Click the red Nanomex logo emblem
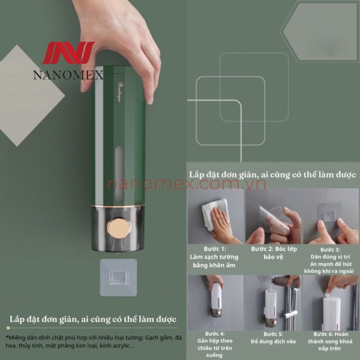[x=68, y=52]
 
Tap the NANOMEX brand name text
[x=68, y=75]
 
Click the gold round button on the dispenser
[x=119, y=228]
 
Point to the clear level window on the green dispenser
[x=119, y=175]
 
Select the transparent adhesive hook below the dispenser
[x=119, y=277]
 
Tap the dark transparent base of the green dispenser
[x=118, y=229]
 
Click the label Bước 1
[x=215, y=249]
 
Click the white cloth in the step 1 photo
[x=215, y=215]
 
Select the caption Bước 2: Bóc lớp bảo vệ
[x=274, y=253]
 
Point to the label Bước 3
[x=330, y=250]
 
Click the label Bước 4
[x=215, y=334]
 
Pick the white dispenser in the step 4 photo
[x=216, y=296]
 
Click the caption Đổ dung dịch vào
[x=273, y=342]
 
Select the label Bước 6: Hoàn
[x=331, y=334]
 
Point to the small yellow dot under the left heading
[x=8, y=328]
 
